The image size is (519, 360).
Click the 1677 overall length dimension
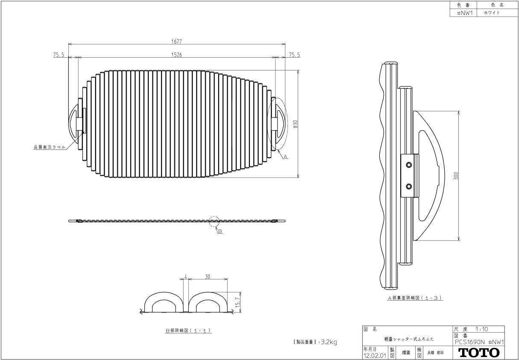(x=176, y=41)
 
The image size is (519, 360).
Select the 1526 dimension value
(x=176, y=55)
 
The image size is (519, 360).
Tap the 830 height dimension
(x=295, y=124)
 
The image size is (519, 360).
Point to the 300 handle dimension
(x=456, y=176)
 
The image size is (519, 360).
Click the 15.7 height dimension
(x=238, y=302)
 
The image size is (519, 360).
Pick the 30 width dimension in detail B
(x=208, y=277)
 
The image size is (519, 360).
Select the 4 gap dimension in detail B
(x=185, y=277)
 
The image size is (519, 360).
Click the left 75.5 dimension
(x=59, y=55)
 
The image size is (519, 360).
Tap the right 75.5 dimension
(x=294, y=55)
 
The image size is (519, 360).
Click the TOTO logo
(x=479, y=353)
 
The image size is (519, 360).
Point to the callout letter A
(x=285, y=157)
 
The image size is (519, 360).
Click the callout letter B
(x=220, y=231)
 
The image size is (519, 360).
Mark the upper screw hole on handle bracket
(x=409, y=165)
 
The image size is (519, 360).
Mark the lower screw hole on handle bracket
(x=409, y=186)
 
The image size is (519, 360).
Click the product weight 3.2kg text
(x=329, y=342)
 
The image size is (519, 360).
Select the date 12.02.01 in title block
(x=375, y=356)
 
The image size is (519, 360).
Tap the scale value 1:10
(x=482, y=329)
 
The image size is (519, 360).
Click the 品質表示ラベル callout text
(x=50, y=147)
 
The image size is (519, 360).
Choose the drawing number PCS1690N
(x=469, y=342)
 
